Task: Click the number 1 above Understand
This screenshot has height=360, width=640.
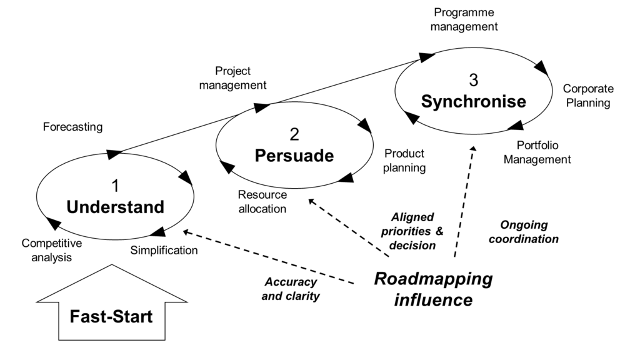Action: point(115,186)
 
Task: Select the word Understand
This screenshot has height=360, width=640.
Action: point(115,207)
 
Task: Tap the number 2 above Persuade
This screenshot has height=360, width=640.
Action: point(294,134)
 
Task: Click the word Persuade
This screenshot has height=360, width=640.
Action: point(294,156)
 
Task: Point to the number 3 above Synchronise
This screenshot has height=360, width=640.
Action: point(473,80)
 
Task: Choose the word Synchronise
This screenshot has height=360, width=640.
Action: point(473,101)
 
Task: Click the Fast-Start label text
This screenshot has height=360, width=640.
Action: point(111,316)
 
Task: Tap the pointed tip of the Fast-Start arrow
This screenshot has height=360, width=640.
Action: point(112,266)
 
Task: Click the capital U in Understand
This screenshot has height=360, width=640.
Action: point(72,207)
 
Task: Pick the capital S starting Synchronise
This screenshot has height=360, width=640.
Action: point(427,101)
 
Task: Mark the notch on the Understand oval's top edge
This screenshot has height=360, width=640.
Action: point(111,156)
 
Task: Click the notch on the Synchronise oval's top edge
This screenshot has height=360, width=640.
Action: point(431,61)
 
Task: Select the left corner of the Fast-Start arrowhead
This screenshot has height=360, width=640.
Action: point(40,301)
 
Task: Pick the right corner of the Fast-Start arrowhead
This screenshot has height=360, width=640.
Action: point(184,301)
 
